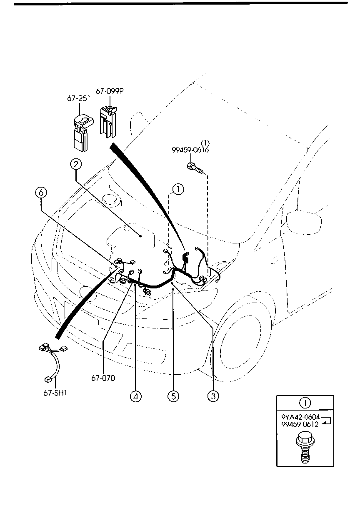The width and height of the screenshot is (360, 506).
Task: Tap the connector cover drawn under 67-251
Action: point(81,133)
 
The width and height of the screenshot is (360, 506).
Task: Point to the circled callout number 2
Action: point(75,165)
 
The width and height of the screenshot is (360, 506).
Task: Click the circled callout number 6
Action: point(41,193)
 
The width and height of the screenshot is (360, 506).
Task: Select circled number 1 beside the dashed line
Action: point(177,190)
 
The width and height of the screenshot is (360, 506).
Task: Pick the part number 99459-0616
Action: point(190,150)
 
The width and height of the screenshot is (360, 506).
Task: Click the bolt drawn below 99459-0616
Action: point(195,168)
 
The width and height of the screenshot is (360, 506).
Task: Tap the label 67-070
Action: point(103,378)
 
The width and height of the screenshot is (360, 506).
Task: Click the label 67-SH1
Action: point(55,392)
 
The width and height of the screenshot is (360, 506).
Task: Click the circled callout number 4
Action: point(135,396)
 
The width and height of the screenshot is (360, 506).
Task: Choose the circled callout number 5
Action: point(174,396)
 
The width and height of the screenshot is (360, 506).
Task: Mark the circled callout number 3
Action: point(213,396)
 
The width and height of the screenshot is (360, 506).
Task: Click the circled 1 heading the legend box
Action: point(305,403)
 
